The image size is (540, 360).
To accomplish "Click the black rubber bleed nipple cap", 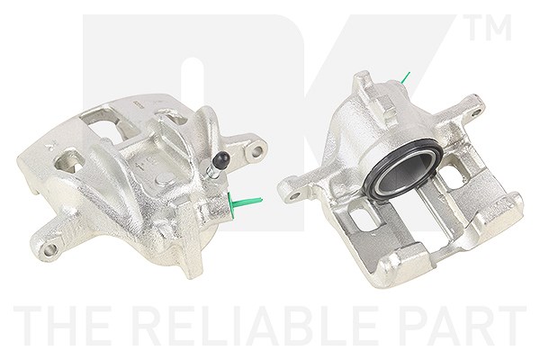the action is click(x=220, y=158).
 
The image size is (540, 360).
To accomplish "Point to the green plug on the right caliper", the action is click(x=405, y=77).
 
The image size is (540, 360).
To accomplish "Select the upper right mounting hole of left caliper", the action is click(x=256, y=150).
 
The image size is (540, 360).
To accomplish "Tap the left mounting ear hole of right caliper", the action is click(x=293, y=196).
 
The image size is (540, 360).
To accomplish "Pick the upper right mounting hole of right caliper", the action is click(x=477, y=112).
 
